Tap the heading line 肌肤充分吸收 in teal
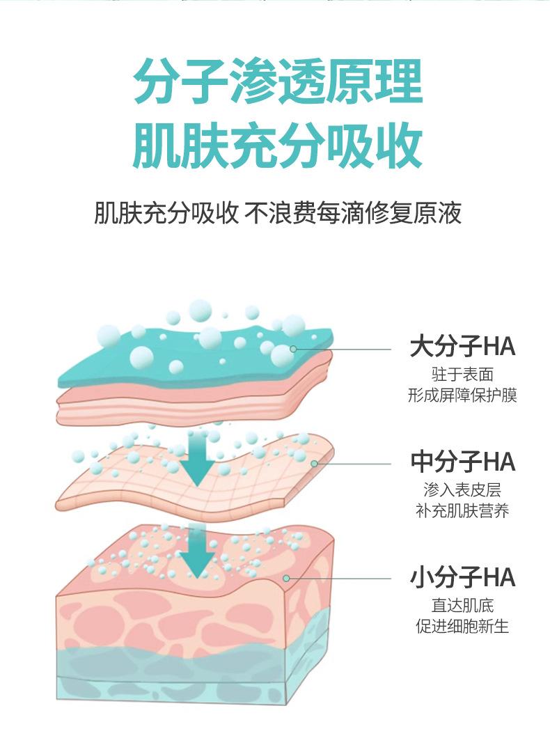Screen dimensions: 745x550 click(277, 146)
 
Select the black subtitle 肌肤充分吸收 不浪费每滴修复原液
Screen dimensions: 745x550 click(277, 213)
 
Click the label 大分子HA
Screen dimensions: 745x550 click(462, 346)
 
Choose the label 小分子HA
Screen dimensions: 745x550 click(462, 577)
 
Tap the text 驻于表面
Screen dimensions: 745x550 click(462, 375)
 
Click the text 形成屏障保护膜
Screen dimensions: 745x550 click(462, 395)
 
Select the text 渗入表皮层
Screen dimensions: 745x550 click(462, 490)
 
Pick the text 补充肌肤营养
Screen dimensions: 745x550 click(462, 511)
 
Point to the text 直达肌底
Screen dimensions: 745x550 click(462, 605)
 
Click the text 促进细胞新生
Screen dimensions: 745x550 click(462, 626)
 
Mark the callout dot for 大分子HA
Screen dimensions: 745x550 click(293, 348)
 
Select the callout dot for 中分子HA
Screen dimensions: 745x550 click(314, 463)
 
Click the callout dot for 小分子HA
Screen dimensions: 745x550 click(286, 578)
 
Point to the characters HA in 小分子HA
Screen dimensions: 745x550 click(498, 577)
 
